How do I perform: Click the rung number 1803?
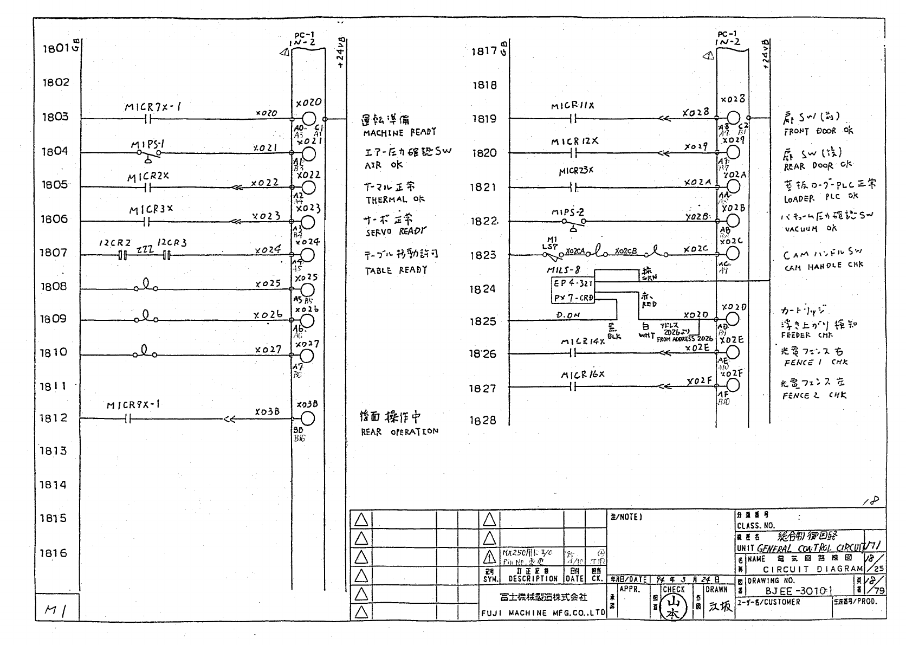tap(55, 117)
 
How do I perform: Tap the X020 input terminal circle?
tap(308, 119)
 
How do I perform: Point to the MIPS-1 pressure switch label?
tap(147, 145)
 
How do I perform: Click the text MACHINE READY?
tap(399, 132)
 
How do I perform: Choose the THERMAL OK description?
tap(395, 199)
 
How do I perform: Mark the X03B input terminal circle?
tap(307, 418)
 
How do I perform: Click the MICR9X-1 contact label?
tap(133, 405)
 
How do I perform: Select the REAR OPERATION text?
tap(399, 432)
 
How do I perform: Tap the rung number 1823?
tap(482, 255)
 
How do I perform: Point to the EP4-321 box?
tap(572, 283)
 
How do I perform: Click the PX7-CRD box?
tap(572, 298)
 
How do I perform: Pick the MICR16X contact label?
tap(583, 375)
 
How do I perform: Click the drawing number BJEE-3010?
tap(799, 591)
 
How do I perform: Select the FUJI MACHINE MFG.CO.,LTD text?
tap(542, 614)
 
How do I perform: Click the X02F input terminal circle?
tap(733, 385)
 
